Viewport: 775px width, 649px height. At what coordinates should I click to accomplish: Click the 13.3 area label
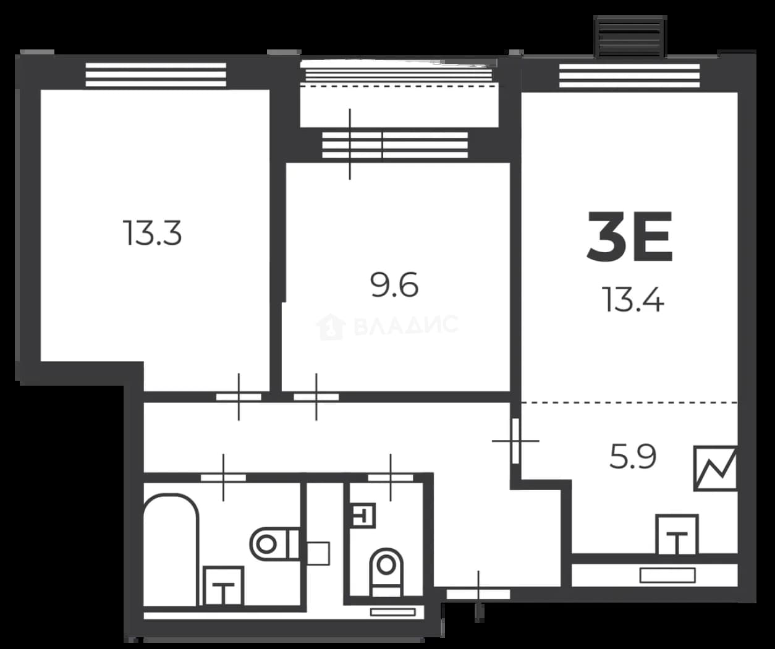click(x=152, y=233)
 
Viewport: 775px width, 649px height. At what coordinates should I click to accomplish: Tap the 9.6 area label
click(x=394, y=284)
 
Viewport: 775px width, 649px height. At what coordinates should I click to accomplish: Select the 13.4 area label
click(x=633, y=299)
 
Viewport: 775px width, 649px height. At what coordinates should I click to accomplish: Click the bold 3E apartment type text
click(x=630, y=237)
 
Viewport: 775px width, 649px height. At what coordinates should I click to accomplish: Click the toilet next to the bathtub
click(x=274, y=545)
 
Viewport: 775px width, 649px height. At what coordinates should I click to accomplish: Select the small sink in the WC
click(x=363, y=515)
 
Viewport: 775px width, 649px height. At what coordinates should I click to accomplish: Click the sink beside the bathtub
click(x=224, y=586)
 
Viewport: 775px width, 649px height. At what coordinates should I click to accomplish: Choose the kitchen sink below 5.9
click(x=677, y=535)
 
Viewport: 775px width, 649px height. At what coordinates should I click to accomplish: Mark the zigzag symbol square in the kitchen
click(x=715, y=468)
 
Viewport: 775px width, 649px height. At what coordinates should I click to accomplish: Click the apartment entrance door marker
click(x=478, y=595)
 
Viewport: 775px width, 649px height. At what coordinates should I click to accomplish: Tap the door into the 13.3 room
click(x=239, y=397)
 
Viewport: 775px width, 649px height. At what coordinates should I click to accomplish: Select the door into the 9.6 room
click(x=316, y=397)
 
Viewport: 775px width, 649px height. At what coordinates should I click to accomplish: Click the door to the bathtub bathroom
click(x=224, y=477)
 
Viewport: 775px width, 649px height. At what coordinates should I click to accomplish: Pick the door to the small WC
click(x=391, y=477)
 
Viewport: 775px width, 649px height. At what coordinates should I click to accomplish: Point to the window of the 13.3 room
click(x=156, y=75)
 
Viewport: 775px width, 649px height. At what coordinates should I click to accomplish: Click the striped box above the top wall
click(x=630, y=36)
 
